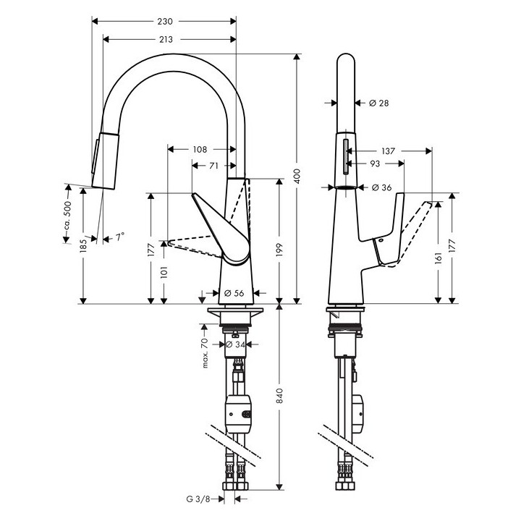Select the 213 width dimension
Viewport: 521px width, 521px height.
[166, 39]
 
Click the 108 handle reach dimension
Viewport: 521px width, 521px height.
[200, 150]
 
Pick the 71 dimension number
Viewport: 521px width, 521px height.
[213, 166]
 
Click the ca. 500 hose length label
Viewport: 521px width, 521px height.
[67, 215]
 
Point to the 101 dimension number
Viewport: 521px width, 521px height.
[164, 271]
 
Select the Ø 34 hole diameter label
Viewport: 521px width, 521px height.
[236, 344]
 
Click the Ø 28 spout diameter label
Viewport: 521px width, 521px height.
[378, 103]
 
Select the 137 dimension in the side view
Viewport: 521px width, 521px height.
[388, 151]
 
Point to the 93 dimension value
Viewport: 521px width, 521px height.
[375, 164]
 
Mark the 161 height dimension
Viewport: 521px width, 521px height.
[439, 258]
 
